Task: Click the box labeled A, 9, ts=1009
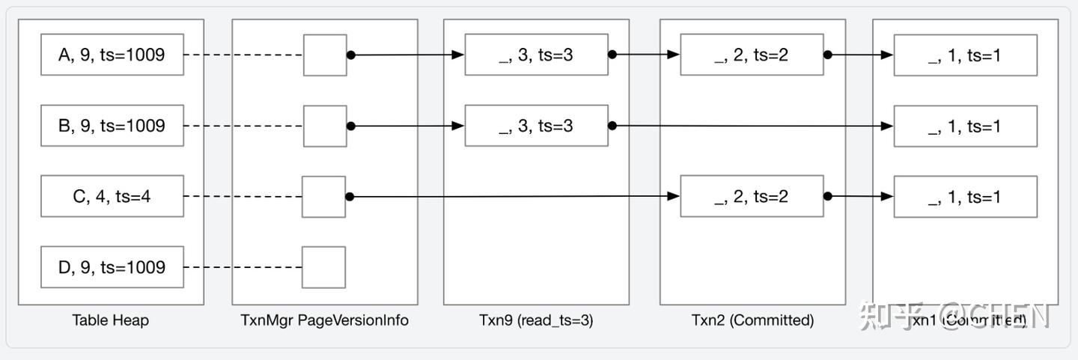click(x=112, y=55)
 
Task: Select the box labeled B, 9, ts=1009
click(x=112, y=126)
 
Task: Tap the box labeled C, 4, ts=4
click(x=112, y=197)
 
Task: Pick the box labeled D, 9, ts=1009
click(x=112, y=267)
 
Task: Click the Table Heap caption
click(x=110, y=320)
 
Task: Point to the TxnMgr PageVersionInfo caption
click(x=324, y=320)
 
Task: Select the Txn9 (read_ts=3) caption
click(x=536, y=320)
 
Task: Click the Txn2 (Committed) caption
click(x=752, y=320)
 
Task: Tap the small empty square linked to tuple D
click(x=323, y=267)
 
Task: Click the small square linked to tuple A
click(x=325, y=55)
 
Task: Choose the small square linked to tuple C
click(x=323, y=197)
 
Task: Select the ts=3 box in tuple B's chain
click(x=536, y=126)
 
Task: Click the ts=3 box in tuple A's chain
click(x=536, y=55)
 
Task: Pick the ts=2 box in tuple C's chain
click(x=752, y=197)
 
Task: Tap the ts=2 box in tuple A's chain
click(x=752, y=55)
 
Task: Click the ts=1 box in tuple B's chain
click(x=965, y=126)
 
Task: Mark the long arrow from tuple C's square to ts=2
click(x=513, y=197)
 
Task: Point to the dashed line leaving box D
click(x=243, y=267)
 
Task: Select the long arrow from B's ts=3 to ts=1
click(x=749, y=126)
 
